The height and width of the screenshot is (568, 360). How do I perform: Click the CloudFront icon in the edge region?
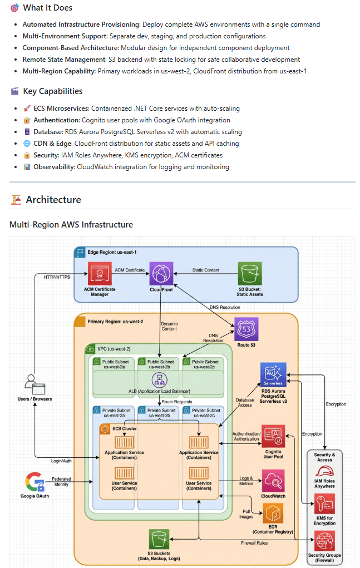click(x=161, y=274)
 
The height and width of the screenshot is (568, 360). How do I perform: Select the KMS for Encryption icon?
click(x=324, y=505)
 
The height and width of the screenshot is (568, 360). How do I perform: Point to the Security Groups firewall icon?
click(x=324, y=541)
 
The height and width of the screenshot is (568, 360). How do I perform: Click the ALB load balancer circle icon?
click(x=160, y=380)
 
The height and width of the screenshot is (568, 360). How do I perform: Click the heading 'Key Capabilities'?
click(x=53, y=91)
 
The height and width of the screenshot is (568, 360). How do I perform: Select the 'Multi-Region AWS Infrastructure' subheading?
click(x=71, y=225)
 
